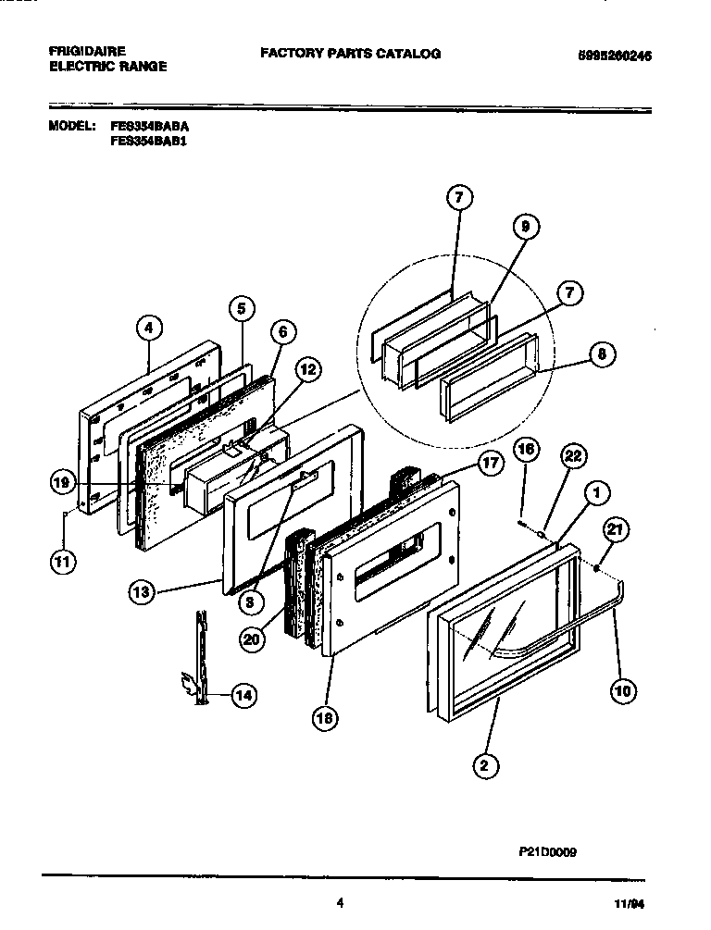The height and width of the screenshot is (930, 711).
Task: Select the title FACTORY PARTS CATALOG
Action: tap(350, 54)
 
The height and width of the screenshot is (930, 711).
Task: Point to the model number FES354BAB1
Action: tap(149, 142)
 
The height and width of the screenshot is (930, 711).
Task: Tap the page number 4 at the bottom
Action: tap(341, 903)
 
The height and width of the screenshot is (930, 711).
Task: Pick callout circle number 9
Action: tap(524, 225)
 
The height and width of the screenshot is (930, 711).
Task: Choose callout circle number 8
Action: tap(601, 353)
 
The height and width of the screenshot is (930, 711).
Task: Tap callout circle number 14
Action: tap(243, 696)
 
